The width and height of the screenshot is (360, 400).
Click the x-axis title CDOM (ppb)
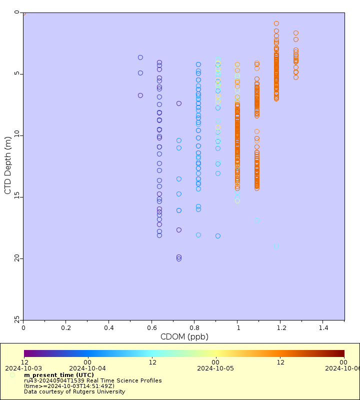[x=184, y=336]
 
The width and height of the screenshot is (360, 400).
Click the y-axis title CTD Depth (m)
[x=7, y=165]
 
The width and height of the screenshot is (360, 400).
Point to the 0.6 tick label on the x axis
[x=152, y=327]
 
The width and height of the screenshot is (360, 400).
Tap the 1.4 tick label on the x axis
[x=322, y=327]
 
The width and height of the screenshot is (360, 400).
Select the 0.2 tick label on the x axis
[x=66, y=327]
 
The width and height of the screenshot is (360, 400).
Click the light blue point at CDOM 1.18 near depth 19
[x=276, y=246]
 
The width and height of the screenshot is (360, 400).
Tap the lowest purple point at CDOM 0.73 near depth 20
[x=179, y=259]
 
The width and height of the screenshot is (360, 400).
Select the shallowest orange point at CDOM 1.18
[x=276, y=23]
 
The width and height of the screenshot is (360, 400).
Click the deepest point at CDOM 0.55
[x=140, y=95]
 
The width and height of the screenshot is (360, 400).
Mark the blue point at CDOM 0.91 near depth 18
[x=218, y=236]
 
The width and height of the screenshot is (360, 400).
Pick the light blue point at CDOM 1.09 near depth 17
[x=257, y=220]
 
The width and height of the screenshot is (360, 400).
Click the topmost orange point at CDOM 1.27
[x=296, y=33]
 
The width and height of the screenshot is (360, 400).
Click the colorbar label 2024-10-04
[x=87, y=368]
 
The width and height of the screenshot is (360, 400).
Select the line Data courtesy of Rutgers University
[x=74, y=391]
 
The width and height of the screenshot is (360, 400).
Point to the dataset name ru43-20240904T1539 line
[x=92, y=380]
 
